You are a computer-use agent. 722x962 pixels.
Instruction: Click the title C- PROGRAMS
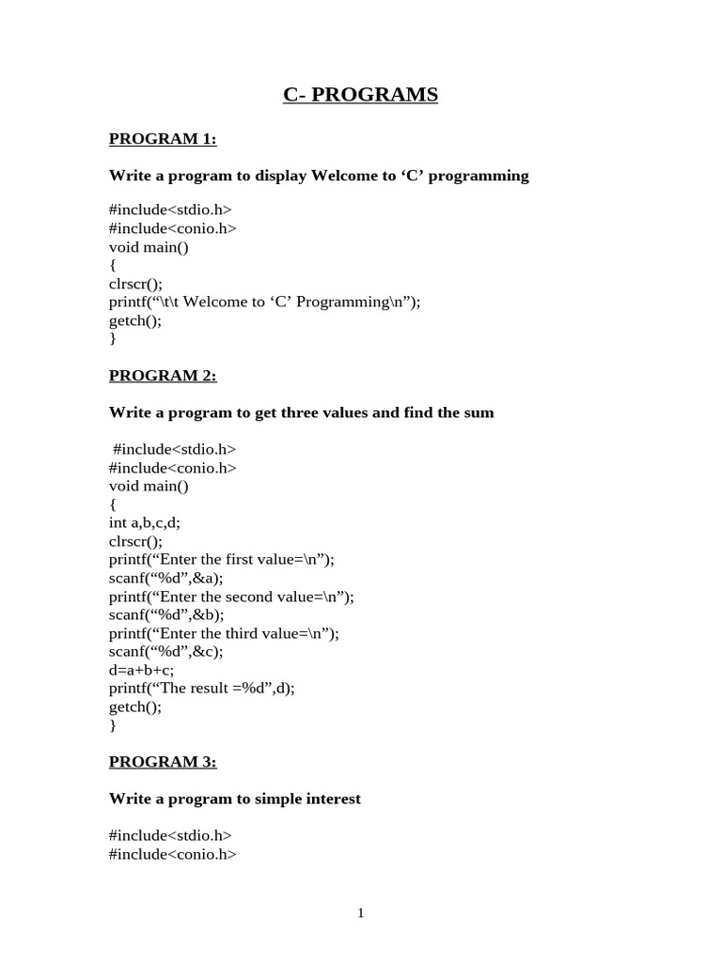click(360, 95)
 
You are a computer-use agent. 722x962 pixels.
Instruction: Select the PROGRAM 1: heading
click(163, 139)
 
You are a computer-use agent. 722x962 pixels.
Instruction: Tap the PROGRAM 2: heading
click(163, 376)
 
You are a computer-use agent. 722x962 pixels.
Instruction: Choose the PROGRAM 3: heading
click(163, 762)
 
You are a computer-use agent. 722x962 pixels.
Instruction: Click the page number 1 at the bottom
click(360, 913)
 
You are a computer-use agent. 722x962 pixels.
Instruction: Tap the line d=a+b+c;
click(141, 670)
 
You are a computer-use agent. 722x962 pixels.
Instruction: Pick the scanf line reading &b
click(166, 614)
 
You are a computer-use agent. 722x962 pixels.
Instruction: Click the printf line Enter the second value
click(231, 597)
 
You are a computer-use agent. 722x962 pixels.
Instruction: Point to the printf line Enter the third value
click(224, 633)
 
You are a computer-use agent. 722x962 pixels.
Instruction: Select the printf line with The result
click(201, 689)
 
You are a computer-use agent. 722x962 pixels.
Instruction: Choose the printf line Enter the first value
click(221, 559)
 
